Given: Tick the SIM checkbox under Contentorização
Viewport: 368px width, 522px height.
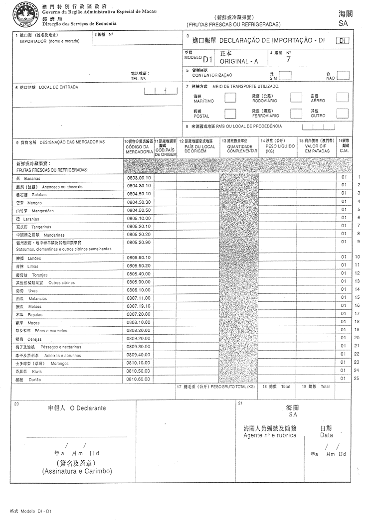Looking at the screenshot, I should pyautogui.click(x=285, y=75).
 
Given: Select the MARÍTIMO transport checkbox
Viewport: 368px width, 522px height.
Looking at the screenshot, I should pyautogui.click(x=230, y=98).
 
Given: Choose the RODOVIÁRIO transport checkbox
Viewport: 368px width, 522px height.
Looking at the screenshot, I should pyautogui.click(x=296, y=98).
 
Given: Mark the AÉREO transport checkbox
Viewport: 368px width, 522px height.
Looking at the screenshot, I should pyautogui.click(x=342, y=98).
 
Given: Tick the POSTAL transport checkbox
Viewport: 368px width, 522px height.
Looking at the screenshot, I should pyautogui.click(x=230, y=113).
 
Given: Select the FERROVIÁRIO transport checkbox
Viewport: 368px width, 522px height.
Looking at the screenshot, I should pyautogui.click(x=296, y=113).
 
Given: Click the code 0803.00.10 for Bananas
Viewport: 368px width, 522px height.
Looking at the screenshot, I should pyautogui.click(x=139, y=178).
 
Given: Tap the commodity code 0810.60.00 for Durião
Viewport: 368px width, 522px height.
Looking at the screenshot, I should pyautogui.click(x=139, y=379).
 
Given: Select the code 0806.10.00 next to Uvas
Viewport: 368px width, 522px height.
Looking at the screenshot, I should pyautogui.click(x=139, y=290).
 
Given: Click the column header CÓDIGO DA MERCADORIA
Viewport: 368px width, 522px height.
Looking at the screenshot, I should pyautogui.click(x=139, y=149).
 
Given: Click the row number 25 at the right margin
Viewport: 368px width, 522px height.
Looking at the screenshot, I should pyautogui.click(x=356, y=379).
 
